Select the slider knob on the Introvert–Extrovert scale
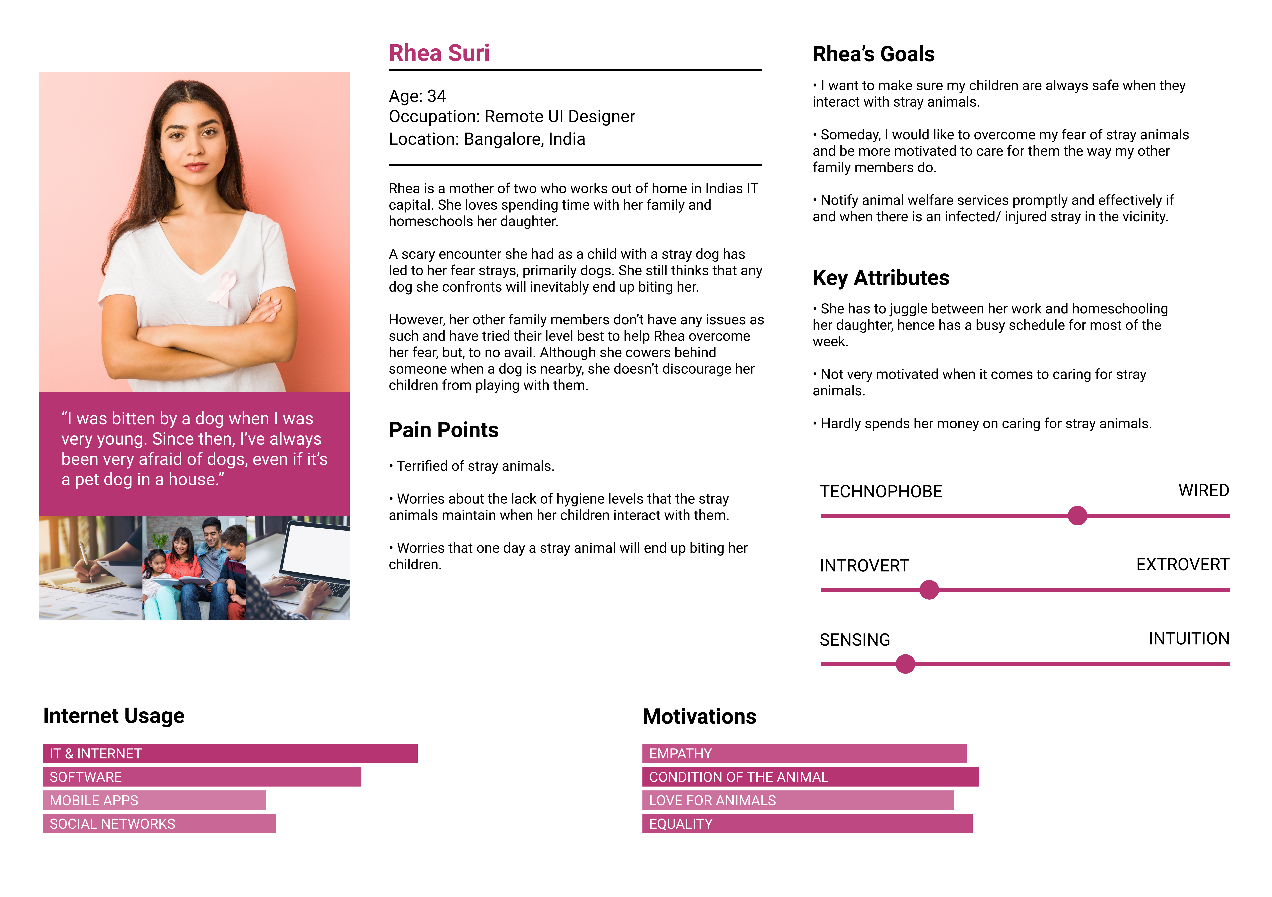[x=929, y=589]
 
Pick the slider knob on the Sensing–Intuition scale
[x=905, y=664]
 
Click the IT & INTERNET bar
[x=230, y=754]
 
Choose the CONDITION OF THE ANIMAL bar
[x=810, y=777]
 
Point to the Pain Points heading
[x=443, y=430]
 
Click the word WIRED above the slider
[x=1203, y=490]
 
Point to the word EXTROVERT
[x=1182, y=565]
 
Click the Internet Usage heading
[x=114, y=716]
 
